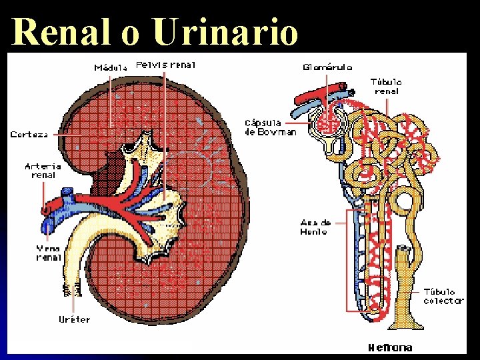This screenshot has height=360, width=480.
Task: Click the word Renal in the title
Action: (61, 31)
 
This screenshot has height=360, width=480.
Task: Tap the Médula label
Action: (111, 67)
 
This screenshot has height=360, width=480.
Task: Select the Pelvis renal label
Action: (162, 65)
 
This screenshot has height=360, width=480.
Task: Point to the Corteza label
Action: (29, 135)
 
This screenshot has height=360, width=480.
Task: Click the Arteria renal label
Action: (43, 171)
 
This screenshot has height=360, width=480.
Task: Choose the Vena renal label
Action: (49, 253)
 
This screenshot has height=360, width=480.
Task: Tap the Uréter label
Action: (74, 319)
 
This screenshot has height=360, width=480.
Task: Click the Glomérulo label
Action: (327, 67)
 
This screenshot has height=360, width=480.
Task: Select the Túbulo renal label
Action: (387, 87)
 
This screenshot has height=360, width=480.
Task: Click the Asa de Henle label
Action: (314, 227)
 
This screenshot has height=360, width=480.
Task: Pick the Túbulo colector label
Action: (443, 296)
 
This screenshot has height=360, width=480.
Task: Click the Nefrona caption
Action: (390, 347)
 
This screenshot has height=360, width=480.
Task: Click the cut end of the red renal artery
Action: (45, 211)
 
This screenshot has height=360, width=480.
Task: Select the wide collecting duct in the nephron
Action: (401, 287)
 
